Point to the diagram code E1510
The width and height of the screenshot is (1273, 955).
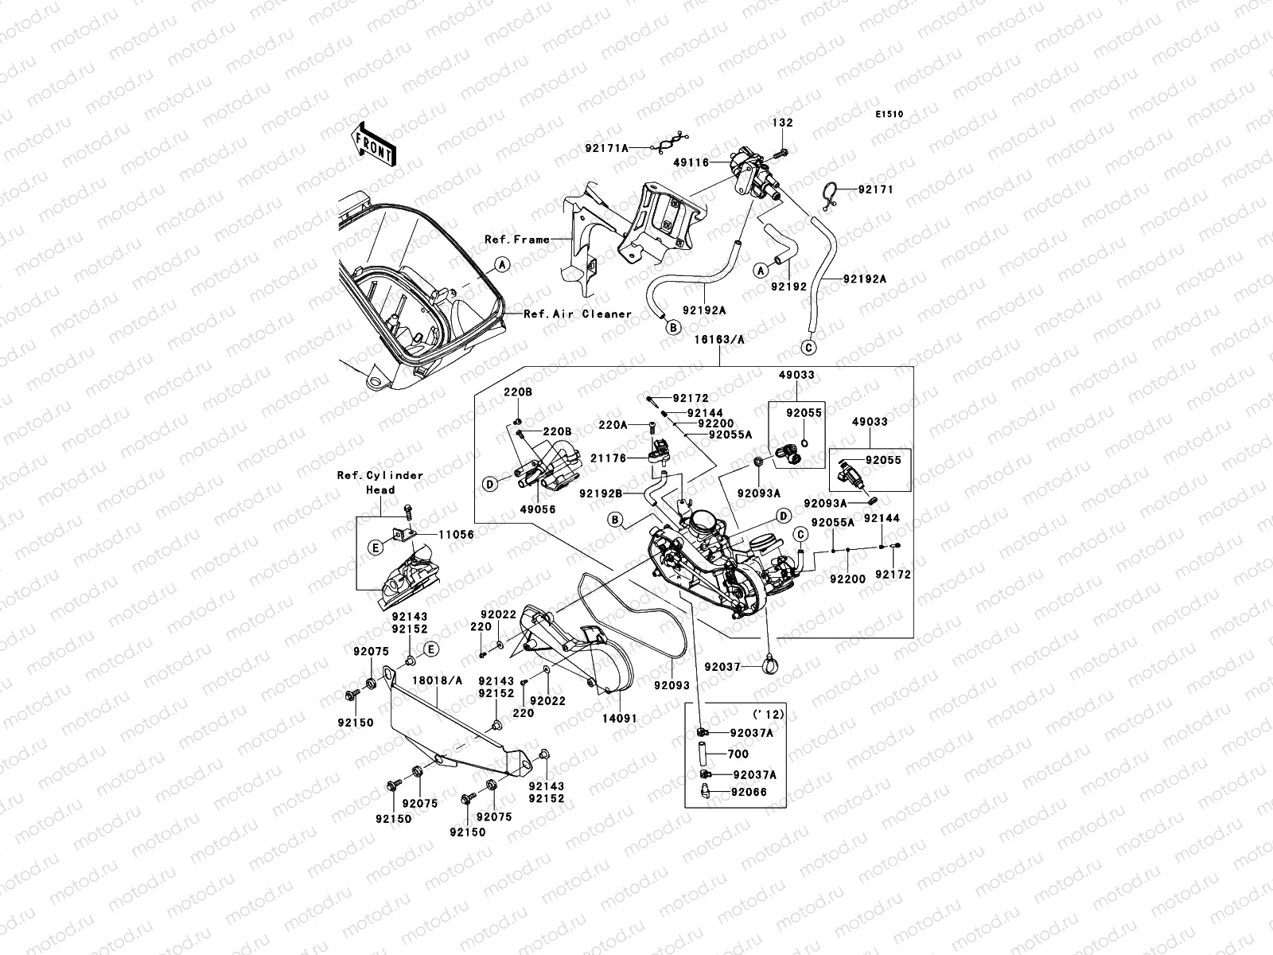coord(890,115)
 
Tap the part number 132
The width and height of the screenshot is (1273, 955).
coord(782,123)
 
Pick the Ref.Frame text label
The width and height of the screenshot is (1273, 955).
coord(517,239)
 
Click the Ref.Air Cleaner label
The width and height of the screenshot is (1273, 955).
coord(578,314)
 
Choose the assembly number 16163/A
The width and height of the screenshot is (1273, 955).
coord(718,338)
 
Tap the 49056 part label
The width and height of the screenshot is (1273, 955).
coord(539,509)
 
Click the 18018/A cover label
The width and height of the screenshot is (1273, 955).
coord(437,680)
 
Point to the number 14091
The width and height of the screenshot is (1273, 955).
coord(620,718)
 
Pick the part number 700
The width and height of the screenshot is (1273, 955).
coord(738,753)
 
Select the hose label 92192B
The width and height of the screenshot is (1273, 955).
coord(601,493)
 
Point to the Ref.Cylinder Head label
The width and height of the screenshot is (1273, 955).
coord(380,482)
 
